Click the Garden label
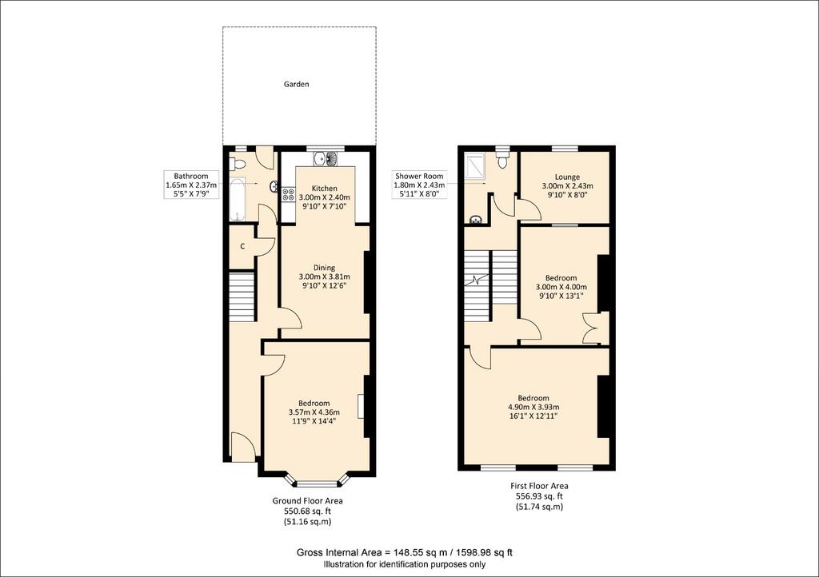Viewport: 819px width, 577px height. click(x=296, y=84)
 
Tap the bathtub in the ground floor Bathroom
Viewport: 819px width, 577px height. click(x=237, y=199)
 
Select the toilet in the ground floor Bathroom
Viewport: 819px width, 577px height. click(x=239, y=164)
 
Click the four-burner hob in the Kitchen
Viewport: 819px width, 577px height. click(x=288, y=194)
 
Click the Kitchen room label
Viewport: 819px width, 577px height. click(x=325, y=189)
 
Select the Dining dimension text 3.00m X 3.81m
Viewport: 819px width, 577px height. click(x=325, y=277)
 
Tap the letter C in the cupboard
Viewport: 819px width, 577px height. click(x=243, y=246)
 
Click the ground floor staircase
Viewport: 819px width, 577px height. click(x=242, y=296)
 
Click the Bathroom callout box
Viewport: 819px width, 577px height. click(x=191, y=185)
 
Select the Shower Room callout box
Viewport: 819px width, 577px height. click(x=419, y=185)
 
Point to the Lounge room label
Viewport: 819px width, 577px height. click(x=567, y=177)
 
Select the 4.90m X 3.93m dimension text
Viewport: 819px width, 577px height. click(x=533, y=407)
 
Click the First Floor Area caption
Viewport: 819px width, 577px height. click(x=539, y=486)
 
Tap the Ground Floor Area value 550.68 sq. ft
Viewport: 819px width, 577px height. click(x=307, y=511)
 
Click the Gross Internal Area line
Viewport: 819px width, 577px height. click(x=404, y=552)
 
